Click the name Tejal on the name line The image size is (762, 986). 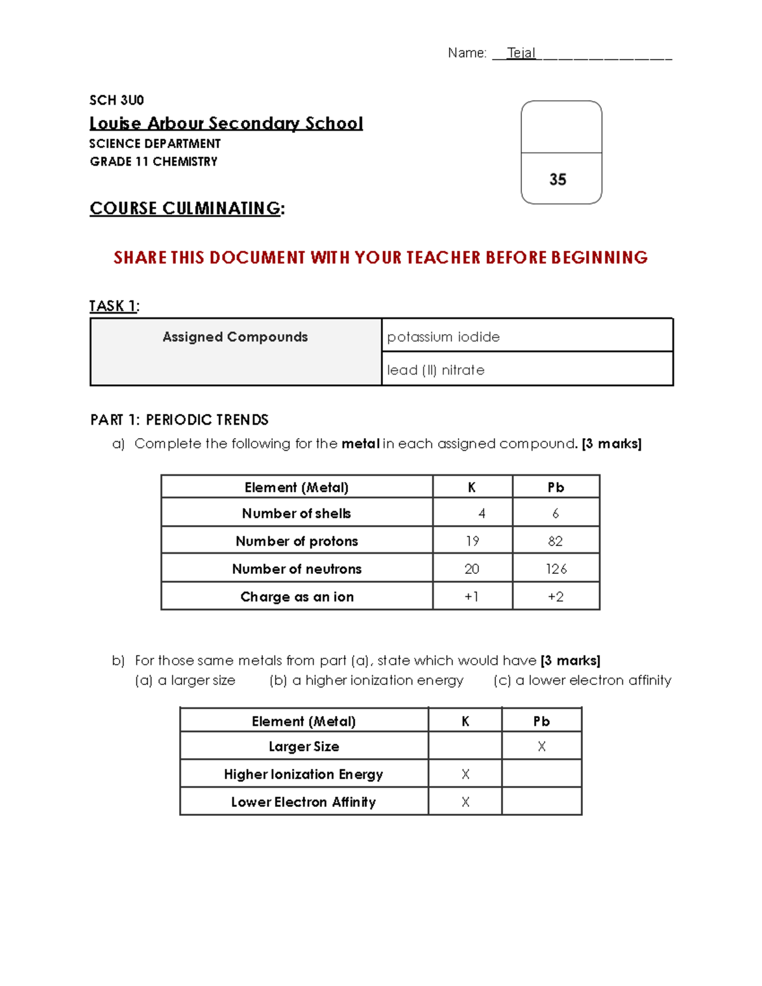(521, 53)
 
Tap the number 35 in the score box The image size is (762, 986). (558, 180)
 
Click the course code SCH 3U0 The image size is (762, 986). (117, 100)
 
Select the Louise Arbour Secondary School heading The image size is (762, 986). (226, 123)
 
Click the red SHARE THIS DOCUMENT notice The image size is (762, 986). (380, 257)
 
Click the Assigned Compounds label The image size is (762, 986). (235, 336)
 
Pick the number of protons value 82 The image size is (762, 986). (555, 541)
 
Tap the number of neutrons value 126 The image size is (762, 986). (556, 569)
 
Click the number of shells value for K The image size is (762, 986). (481, 514)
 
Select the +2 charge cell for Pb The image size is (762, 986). (556, 597)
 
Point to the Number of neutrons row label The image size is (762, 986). (297, 569)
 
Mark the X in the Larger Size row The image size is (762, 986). (542, 747)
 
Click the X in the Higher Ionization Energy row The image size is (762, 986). (465, 775)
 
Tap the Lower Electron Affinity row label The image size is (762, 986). (304, 802)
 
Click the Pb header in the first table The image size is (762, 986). (556, 488)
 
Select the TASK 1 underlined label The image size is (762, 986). (113, 306)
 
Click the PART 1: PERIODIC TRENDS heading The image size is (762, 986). (180, 420)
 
